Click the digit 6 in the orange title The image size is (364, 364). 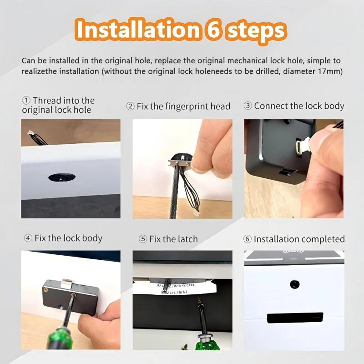(213, 30)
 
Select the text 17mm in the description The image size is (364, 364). (330, 71)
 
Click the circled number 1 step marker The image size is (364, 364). (26, 101)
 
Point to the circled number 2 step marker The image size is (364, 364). (130, 106)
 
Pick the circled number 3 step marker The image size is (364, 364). (248, 106)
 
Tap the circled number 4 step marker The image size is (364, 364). (28, 238)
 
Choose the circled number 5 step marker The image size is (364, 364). (143, 239)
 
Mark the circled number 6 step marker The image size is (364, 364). (248, 239)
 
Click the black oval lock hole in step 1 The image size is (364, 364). (62, 177)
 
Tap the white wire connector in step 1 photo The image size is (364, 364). (30, 133)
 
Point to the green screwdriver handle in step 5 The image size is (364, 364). (207, 343)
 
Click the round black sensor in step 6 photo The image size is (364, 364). (294, 284)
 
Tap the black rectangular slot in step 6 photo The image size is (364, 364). (295, 318)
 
